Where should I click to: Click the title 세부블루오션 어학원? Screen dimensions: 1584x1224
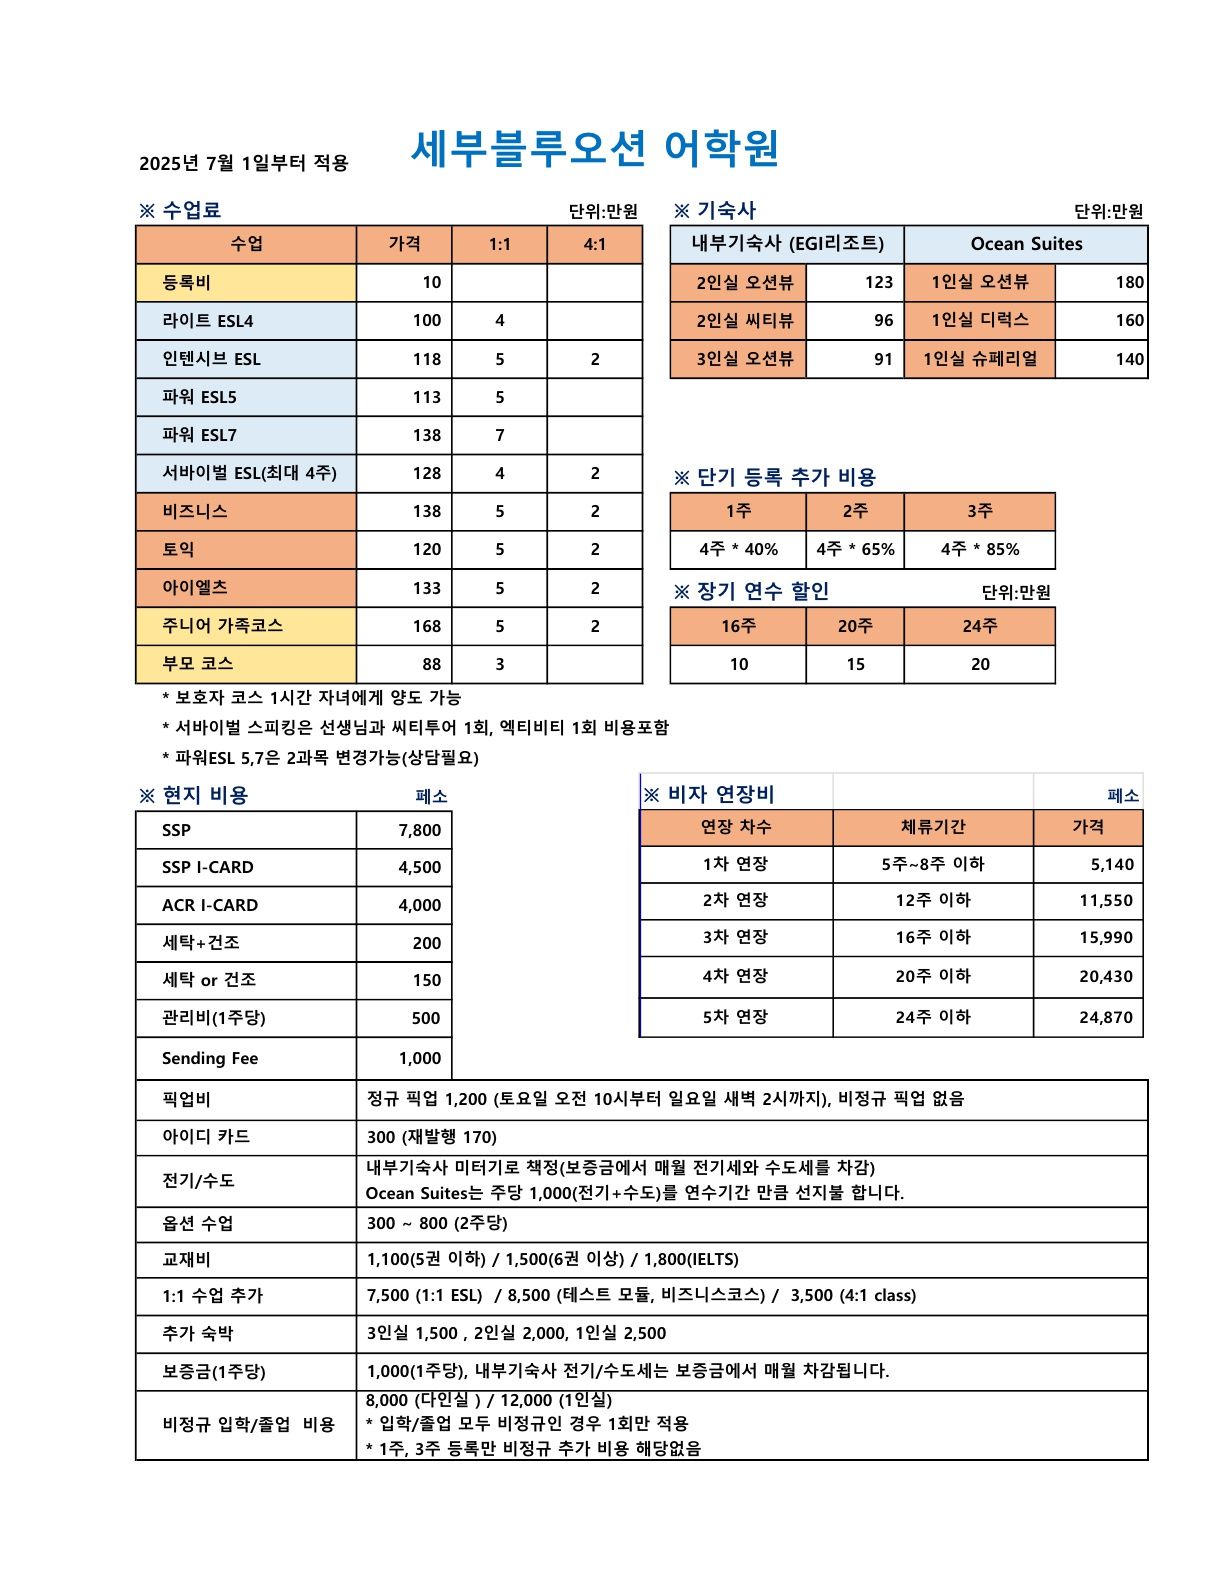(x=594, y=149)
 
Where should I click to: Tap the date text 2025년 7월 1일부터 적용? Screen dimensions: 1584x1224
(x=243, y=163)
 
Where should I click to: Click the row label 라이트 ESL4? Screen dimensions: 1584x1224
(x=208, y=321)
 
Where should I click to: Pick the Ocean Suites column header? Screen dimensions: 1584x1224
(x=1026, y=244)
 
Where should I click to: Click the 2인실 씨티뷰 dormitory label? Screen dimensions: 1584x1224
(x=745, y=321)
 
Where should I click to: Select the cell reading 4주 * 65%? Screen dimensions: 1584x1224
(x=855, y=549)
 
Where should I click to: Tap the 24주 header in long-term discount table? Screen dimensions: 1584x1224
(x=979, y=626)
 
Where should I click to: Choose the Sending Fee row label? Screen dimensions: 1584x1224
(x=210, y=1058)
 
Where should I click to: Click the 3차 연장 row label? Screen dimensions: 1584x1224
(x=735, y=937)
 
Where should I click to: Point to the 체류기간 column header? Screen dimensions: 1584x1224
(x=932, y=827)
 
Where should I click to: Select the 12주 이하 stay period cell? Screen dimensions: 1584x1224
(x=932, y=900)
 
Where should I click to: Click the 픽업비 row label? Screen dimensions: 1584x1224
(x=186, y=1100)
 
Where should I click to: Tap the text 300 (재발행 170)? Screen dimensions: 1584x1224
(x=431, y=1137)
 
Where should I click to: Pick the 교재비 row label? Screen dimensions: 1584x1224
(x=186, y=1260)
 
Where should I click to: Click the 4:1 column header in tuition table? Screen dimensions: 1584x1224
(x=594, y=244)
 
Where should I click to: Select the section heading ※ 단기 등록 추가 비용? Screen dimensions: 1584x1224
(x=775, y=477)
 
